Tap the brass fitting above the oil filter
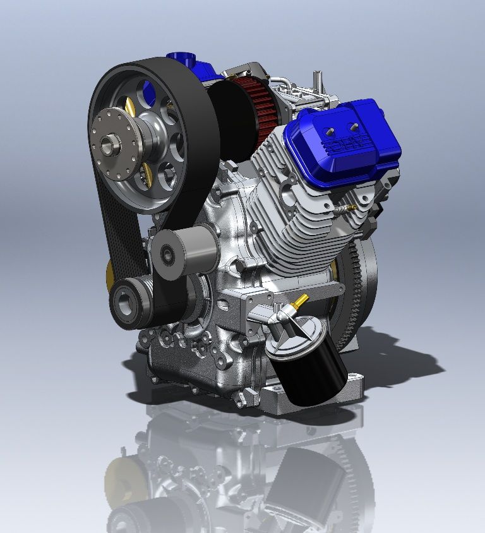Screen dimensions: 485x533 click(300, 301)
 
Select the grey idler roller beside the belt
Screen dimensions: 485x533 click(184, 252)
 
